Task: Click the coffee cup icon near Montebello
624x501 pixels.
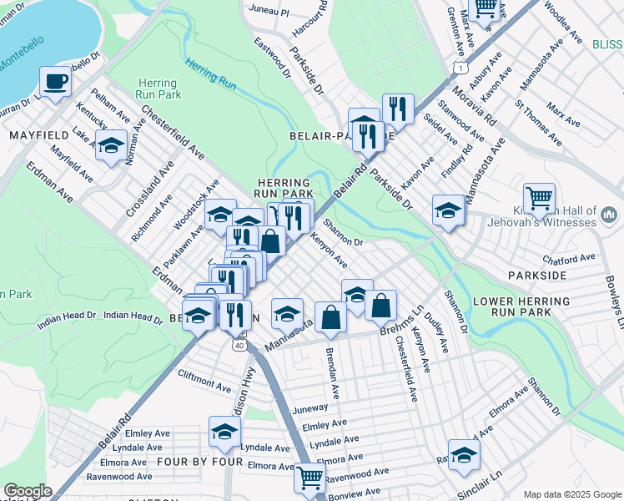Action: tap(55, 82)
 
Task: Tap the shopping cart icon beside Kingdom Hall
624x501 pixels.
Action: tap(539, 199)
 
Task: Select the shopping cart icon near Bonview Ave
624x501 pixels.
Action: tap(309, 478)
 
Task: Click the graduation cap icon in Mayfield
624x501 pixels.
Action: tap(111, 146)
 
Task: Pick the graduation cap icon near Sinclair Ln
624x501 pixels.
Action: tap(464, 454)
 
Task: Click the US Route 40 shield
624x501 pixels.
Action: tap(239, 344)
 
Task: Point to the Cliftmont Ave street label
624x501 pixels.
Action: tap(204, 382)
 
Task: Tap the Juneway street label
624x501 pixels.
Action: tap(310, 409)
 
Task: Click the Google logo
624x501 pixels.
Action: tap(28, 491)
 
